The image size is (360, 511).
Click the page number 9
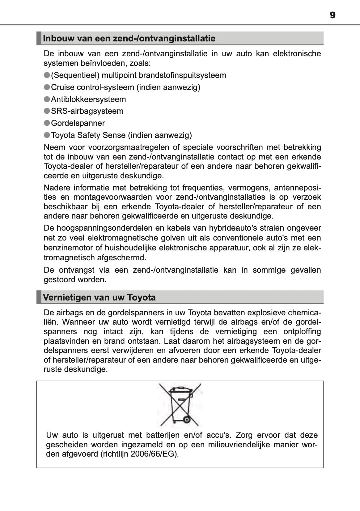(x=332, y=15)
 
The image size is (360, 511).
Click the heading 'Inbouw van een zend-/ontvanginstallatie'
(x=129, y=39)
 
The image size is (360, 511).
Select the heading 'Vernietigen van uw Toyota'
(x=99, y=298)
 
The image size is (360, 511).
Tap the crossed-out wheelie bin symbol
(x=180, y=405)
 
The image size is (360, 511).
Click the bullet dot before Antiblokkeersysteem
(x=47, y=99)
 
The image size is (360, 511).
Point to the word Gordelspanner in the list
(x=78, y=123)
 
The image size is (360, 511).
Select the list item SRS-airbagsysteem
(x=87, y=111)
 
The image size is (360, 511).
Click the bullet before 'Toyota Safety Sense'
(x=47, y=135)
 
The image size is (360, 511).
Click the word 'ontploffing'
(x=302, y=331)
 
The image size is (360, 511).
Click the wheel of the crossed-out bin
(x=186, y=419)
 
